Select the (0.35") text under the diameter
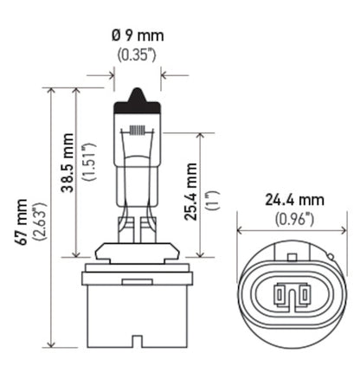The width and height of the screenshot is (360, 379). [x=137, y=55]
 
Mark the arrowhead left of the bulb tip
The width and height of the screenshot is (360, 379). [x=111, y=75]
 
